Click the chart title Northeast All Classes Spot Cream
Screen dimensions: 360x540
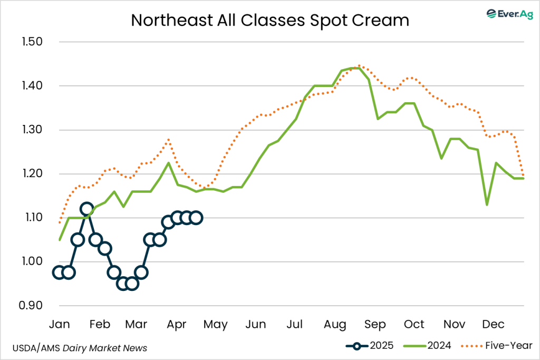[269, 20]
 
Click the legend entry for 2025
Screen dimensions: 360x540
[371, 346]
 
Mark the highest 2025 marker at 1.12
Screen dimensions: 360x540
[86, 209]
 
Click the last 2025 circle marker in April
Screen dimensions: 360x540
[195, 218]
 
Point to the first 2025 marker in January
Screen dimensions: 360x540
[59, 273]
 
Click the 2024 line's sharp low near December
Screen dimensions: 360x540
[487, 205]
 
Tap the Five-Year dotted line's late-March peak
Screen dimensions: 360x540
[168, 140]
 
